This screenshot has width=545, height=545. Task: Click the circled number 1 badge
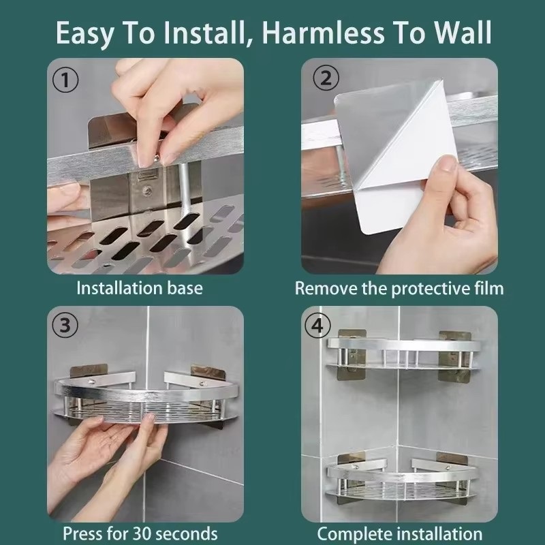tap(66, 79)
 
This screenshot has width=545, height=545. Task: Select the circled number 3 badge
tap(66, 326)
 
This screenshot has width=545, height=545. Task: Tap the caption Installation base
tap(139, 287)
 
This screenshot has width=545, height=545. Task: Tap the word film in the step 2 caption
tap(488, 287)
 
